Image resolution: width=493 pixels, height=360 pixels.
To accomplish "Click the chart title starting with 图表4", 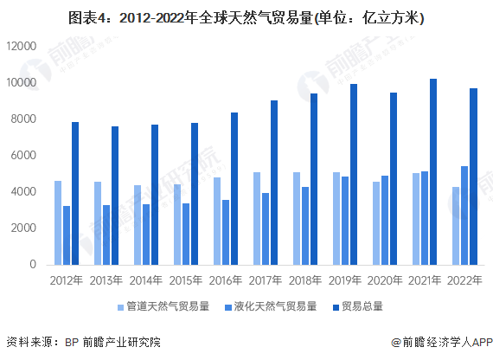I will tap(246, 16).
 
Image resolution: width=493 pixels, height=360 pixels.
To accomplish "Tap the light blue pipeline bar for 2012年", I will tap(58, 222).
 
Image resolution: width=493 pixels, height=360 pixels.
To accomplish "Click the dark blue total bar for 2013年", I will tap(115, 196).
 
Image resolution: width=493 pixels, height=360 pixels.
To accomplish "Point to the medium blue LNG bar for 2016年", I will tap(226, 232).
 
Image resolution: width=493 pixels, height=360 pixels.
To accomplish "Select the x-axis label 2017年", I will tap(266, 281).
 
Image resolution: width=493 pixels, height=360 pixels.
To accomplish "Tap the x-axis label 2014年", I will tap(146, 281).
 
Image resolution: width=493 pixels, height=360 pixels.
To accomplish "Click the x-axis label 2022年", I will tap(464, 281).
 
